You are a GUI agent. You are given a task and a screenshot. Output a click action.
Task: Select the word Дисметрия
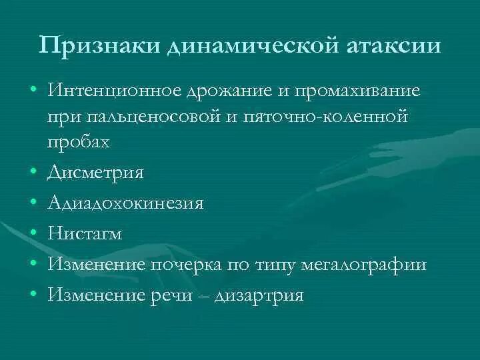coord(95,173)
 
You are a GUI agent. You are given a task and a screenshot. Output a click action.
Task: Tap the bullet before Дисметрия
coord(33,173)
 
